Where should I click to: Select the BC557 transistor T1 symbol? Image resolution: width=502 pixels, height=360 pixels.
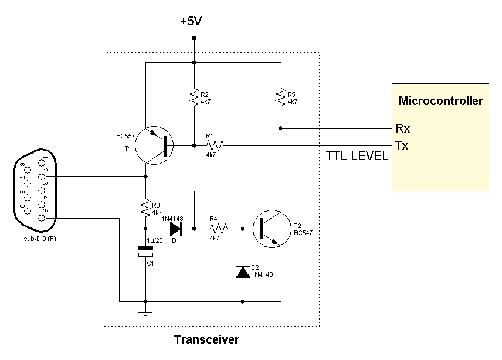click(154, 145)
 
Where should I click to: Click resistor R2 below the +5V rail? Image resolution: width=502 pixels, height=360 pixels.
click(194, 96)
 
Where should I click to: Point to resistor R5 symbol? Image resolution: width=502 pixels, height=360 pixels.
click(281, 96)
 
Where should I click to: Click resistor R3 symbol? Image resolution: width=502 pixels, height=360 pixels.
click(145, 208)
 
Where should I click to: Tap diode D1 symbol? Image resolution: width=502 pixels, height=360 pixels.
click(174, 229)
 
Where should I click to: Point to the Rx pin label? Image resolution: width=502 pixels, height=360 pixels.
click(403, 128)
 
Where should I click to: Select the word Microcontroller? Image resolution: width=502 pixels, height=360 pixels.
click(440, 101)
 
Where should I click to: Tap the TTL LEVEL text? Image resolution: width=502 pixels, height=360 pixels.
click(357, 156)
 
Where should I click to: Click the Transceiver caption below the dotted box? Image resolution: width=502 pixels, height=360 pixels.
click(206, 339)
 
